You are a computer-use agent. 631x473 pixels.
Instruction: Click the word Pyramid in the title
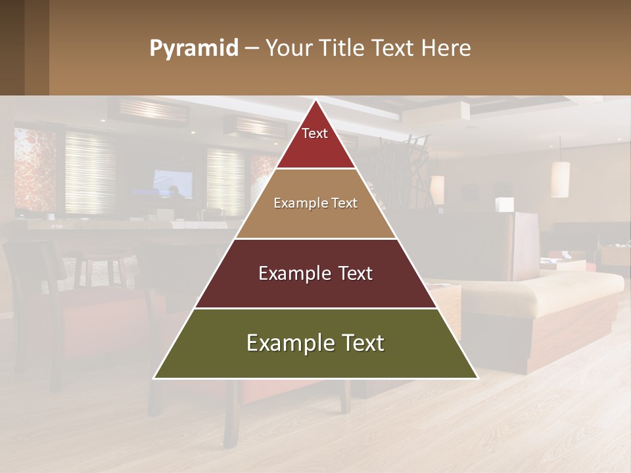click(194, 49)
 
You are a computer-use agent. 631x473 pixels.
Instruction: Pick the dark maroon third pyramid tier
click(316, 289)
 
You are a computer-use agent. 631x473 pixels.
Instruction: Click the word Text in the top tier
click(315, 133)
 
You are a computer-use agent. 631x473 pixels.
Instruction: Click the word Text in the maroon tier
click(351, 273)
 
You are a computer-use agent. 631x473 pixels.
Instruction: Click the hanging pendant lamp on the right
click(560, 179)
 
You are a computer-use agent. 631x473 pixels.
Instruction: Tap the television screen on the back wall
click(173, 183)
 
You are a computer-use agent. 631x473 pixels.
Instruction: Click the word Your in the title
click(287, 49)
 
